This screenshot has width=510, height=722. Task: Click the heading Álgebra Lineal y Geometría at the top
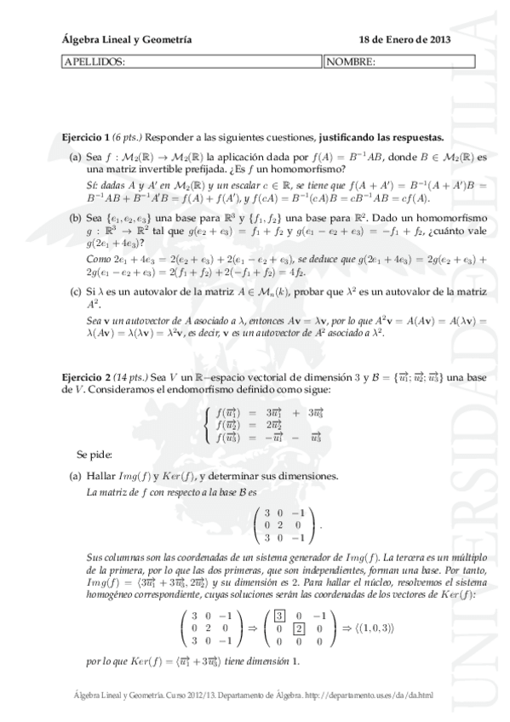[x=127, y=39]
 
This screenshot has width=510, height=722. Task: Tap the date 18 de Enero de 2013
[x=405, y=39]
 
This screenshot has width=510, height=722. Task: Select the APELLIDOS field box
[x=192, y=61]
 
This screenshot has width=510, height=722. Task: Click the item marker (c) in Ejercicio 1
[x=76, y=292]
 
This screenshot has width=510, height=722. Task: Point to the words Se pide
[x=93, y=455]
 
